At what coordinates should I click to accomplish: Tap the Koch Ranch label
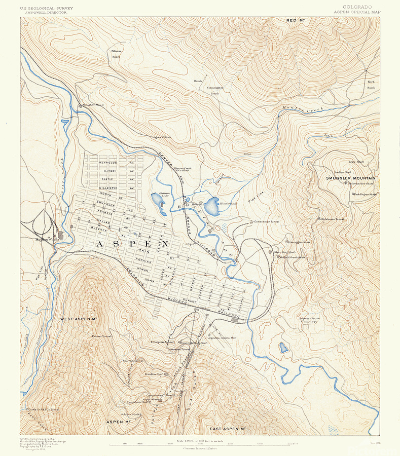[371, 85]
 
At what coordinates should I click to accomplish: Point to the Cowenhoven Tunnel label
[267, 221]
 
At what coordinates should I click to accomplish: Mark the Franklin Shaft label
[154, 374]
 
